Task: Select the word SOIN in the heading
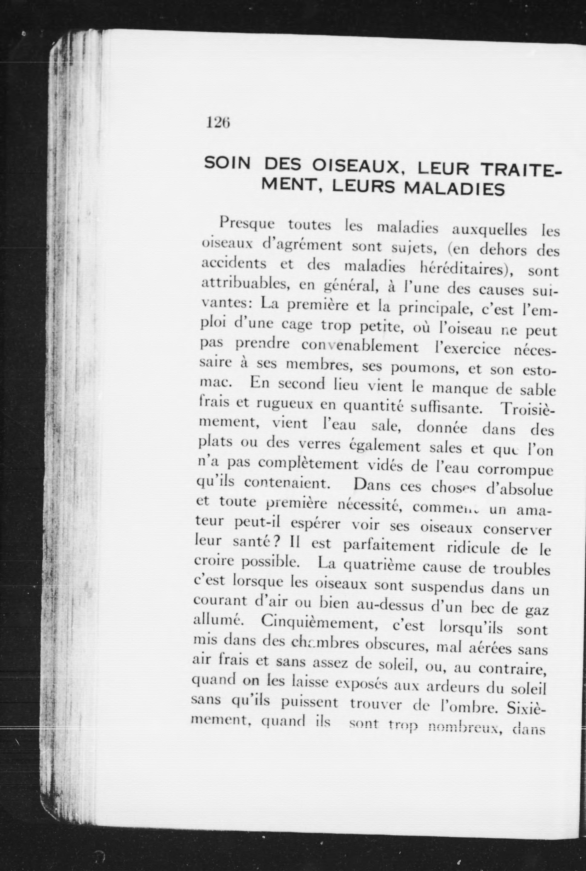click(x=227, y=164)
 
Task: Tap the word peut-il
click(x=257, y=523)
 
